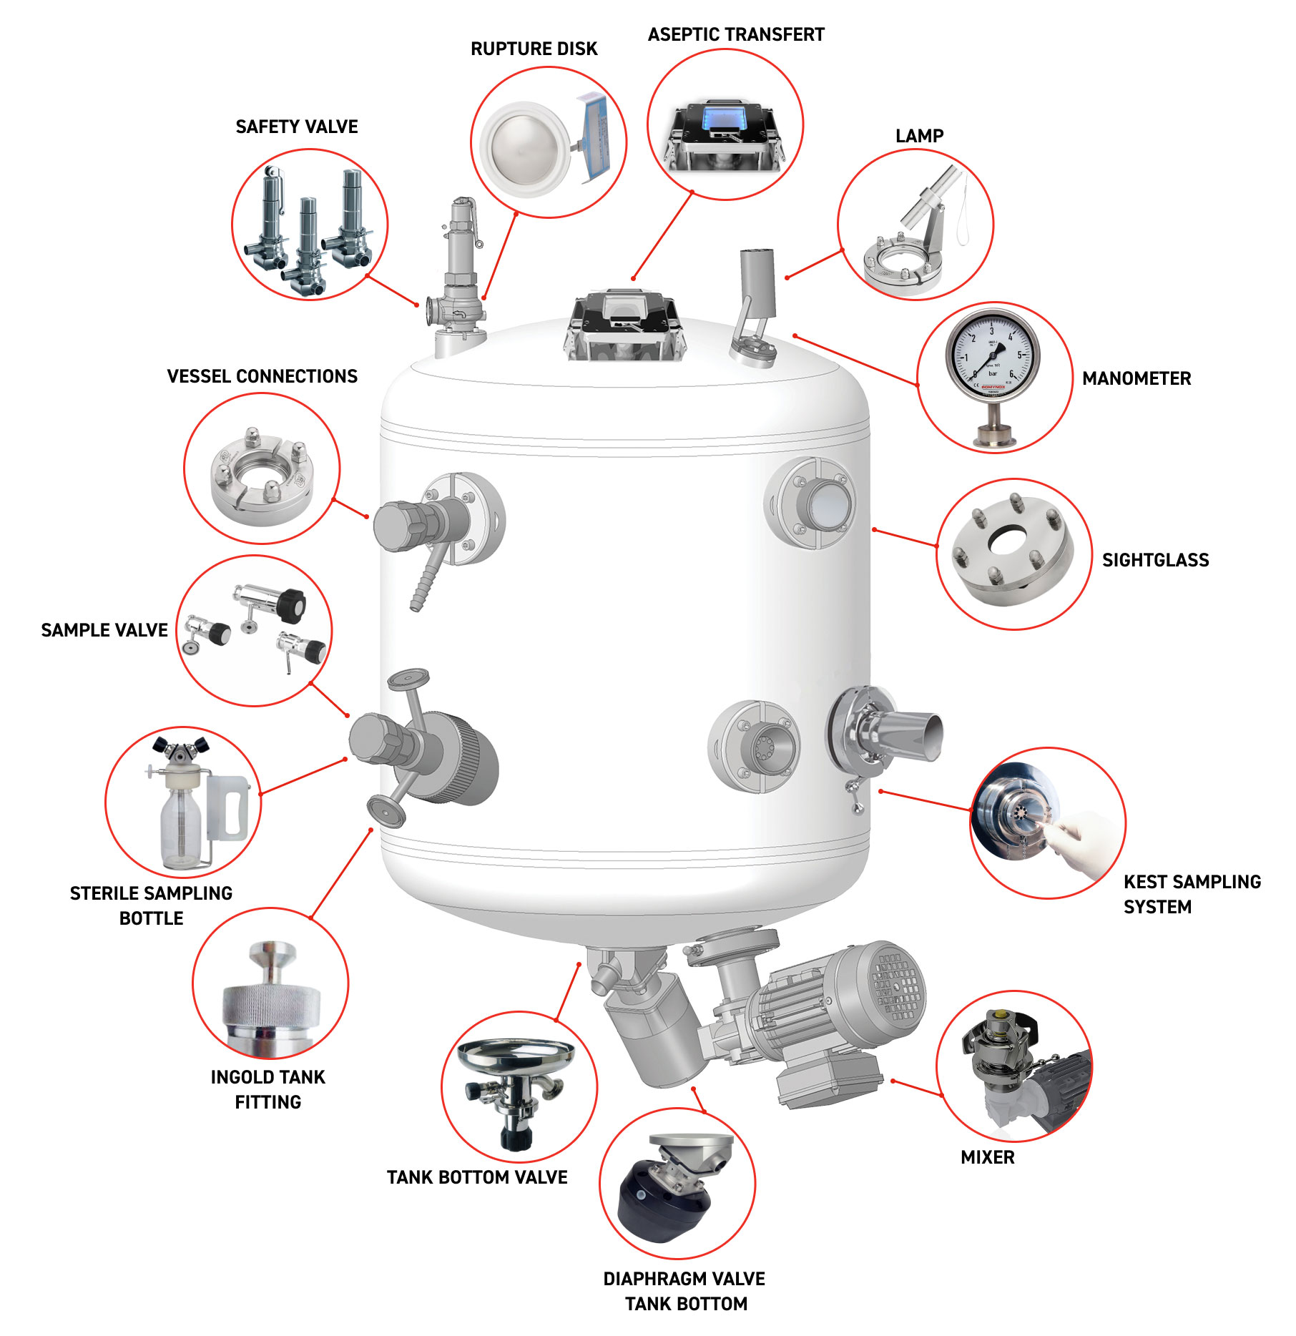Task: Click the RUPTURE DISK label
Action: click(534, 49)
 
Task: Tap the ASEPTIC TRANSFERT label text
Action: click(735, 34)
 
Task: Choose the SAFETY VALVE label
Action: click(296, 127)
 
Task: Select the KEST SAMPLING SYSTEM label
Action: click(1191, 894)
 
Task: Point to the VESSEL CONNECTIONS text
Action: click(262, 376)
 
